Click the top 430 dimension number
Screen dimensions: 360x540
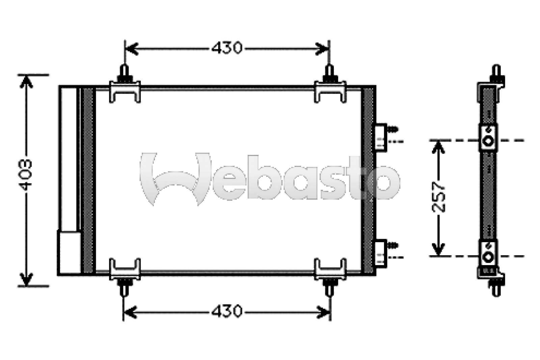click(227, 48)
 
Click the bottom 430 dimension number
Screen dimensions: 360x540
click(227, 311)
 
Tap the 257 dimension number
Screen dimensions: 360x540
click(439, 198)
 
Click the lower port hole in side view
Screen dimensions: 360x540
click(488, 257)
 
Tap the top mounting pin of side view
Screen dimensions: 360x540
click(496, 72)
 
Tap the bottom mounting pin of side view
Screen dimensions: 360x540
click(496, 289)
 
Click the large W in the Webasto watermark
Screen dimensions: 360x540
click(175, 179)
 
